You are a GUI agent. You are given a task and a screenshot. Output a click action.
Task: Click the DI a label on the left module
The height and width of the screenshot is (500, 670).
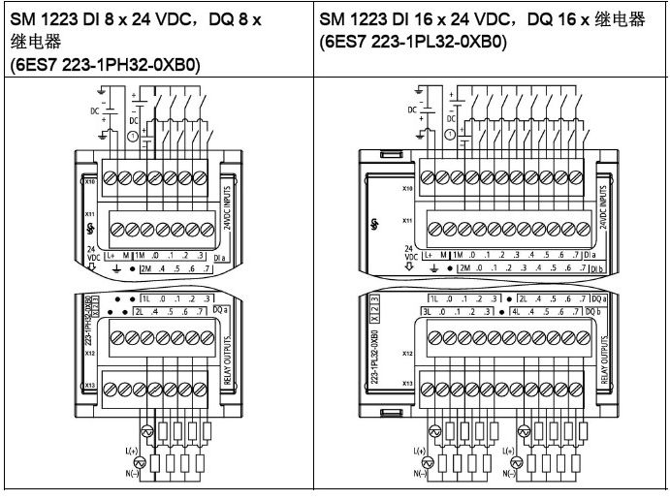[220, 255]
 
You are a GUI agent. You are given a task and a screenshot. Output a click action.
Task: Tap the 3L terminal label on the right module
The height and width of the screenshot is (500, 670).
[427, 313]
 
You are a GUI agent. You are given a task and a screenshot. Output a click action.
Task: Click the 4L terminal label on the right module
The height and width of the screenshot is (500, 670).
[522, 313]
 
